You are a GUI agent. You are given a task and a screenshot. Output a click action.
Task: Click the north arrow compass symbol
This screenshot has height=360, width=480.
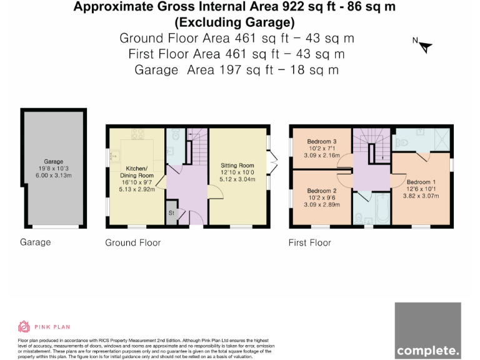click(424, 46)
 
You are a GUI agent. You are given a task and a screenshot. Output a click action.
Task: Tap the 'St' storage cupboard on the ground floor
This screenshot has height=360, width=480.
click(171, 213)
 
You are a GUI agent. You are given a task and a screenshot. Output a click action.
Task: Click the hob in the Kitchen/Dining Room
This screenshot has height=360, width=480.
click(137, 133)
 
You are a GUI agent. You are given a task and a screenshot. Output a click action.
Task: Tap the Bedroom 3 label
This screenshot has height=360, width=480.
click(321, 142)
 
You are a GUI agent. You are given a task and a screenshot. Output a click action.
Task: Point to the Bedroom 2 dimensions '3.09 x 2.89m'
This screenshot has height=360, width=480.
click(322, 204)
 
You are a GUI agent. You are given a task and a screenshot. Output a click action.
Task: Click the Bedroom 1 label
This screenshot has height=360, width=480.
click(421, 182)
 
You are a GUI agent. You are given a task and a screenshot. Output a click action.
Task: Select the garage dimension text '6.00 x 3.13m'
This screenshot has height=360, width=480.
click(53, 176)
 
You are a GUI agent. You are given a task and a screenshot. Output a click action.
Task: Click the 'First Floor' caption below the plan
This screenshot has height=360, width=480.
click(309, 242)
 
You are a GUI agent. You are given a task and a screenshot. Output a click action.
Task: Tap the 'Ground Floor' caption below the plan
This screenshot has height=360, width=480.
click(132, 242)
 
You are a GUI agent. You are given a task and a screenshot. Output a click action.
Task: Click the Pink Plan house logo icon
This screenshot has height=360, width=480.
click(24, 326)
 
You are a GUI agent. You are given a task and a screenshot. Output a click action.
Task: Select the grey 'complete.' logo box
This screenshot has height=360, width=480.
click(429, 330)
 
